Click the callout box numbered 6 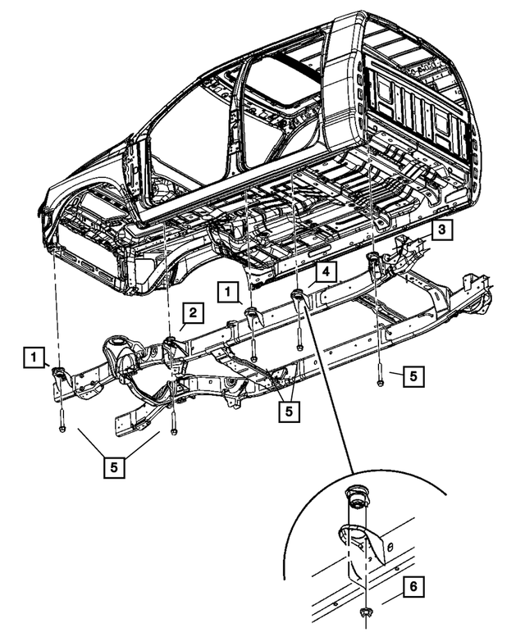point(414,587)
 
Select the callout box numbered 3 point(441,231)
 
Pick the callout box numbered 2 point(191,312)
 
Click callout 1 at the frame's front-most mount point(34,357)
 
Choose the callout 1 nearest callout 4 point(227,291)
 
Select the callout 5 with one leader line point(414,375)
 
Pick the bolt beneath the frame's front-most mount point(62,426)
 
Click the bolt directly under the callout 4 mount point(299,345)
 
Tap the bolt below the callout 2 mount point(173,428)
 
